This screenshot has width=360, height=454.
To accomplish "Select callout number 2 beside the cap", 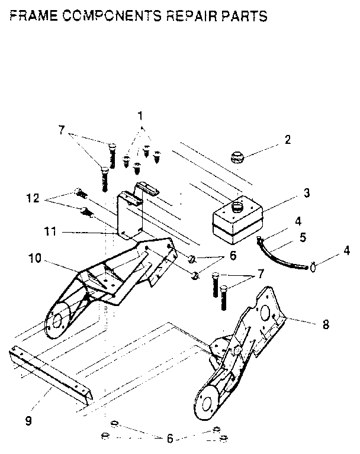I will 287,140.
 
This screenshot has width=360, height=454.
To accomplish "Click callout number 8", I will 326,324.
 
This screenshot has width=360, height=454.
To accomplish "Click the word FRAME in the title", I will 33,17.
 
